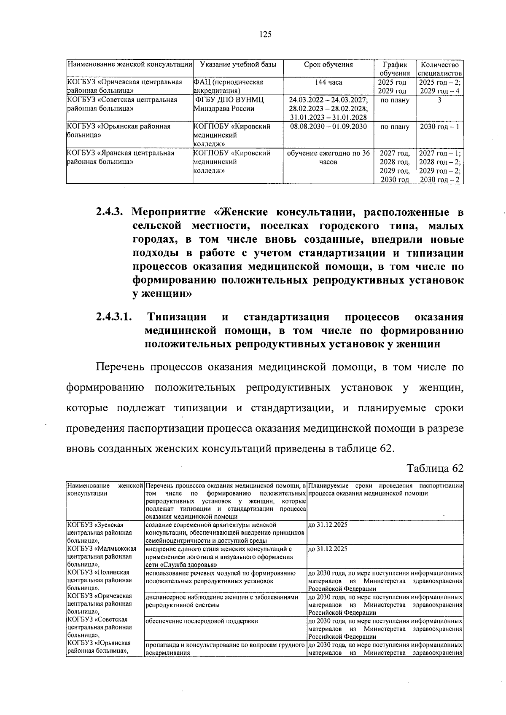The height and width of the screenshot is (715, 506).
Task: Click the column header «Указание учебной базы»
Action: [x=238, y=65]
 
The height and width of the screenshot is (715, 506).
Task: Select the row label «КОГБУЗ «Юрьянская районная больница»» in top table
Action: [x=119, y=131]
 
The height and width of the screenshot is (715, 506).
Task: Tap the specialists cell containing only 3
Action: [x=439, y=100]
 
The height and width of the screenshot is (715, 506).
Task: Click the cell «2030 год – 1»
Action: [x=439, y=126]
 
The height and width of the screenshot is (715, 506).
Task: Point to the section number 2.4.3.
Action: [x=110, y=212]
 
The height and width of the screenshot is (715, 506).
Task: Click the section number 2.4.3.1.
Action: [x=114, y=317]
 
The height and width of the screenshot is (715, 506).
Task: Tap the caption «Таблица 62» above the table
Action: [x=435, y=468]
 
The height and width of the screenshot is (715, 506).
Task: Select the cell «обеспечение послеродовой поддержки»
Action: [x=202, y=621]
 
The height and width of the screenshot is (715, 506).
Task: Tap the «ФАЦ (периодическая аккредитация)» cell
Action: [x=228, y=86]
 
